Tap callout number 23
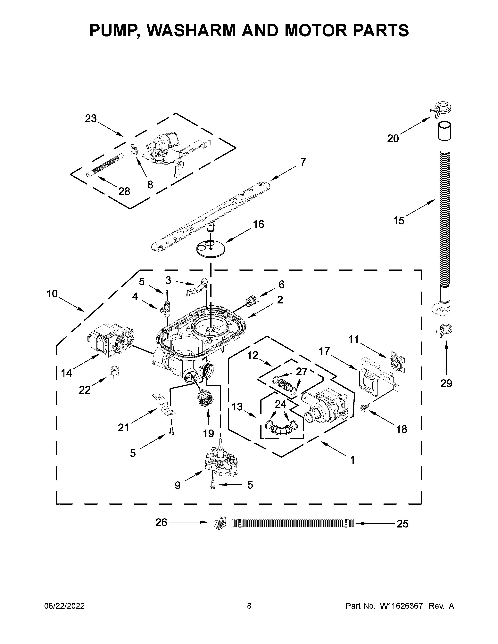click(x=91, y=118)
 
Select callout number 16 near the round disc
click(x=258, y=224)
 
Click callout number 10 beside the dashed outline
click(x=52, y=294)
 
